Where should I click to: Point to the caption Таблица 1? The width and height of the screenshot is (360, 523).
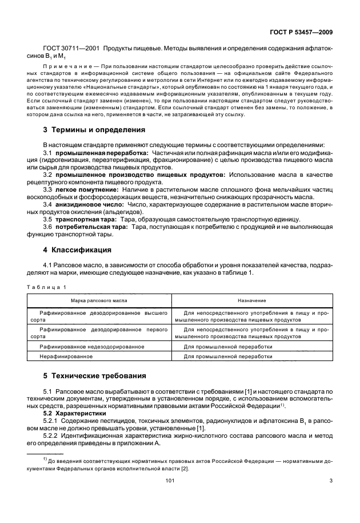coord(48,287)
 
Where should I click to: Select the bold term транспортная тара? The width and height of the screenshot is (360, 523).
coord(87,220)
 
